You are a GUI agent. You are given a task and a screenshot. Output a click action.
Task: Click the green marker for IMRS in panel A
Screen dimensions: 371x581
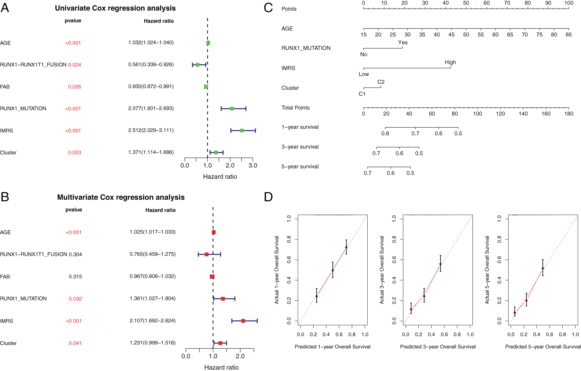pyautogui.click(x=242, y=131)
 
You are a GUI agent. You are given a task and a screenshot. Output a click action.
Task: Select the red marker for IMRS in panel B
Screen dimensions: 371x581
pyautogui.click(x=243, y=321)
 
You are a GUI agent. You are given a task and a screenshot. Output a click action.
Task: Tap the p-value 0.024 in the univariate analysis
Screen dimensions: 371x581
pyautogui.click(x=75, y=65)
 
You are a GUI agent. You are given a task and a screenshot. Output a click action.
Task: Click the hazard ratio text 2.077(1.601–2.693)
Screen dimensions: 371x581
pyautogui.click(x=151, y=108)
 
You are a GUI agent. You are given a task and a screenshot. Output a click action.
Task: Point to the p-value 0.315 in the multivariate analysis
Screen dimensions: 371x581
pyautogui.click(x=75, y=277)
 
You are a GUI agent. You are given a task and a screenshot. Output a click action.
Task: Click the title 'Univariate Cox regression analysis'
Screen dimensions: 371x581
pyautogui.click(x=115, y=8)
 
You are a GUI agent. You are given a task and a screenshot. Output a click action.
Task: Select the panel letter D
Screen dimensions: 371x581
pyautogui.click(x=268, y=197)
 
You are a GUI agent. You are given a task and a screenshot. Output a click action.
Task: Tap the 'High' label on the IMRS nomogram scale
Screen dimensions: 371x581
pyautogui.click(x=450, y=62)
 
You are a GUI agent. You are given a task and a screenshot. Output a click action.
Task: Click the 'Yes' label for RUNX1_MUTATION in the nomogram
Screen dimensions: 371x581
pyautogui.click(x=403, y=42)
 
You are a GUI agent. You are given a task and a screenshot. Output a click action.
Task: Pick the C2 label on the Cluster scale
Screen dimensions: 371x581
pyautogui.click(x=381, y=82)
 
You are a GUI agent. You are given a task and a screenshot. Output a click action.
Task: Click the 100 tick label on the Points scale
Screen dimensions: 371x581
pyautogui.click(x=569, y=3)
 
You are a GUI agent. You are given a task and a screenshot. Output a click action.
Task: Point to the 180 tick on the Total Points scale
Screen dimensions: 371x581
pyautogui.click(x=569, y=114)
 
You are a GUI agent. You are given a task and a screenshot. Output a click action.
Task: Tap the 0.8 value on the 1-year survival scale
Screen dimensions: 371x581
pyautogui.click(x=385, y=133)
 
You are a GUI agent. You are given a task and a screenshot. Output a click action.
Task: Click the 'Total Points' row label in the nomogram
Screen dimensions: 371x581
pyautogui.click(x=295, y=108)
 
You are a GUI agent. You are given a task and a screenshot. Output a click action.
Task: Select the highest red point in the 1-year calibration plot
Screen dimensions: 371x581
pyautogui.click(x=346, y=247)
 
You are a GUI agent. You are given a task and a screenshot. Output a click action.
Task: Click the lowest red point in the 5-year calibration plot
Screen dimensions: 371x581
pyautogui.click(x=515, y=313)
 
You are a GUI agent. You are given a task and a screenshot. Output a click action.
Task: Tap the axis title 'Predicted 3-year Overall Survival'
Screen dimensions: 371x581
pyautogui.click(x=438, y=347)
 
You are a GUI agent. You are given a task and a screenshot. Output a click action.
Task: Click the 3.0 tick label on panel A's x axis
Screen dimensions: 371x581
pyautogui.click(x=253, y=165)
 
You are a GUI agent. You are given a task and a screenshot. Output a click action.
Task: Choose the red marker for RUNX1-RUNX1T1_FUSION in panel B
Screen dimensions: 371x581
pyautogui.click(x=207, y=254)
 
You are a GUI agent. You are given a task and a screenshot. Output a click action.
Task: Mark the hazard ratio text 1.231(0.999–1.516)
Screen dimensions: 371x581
pyautogui.click(x=153, y=343)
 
